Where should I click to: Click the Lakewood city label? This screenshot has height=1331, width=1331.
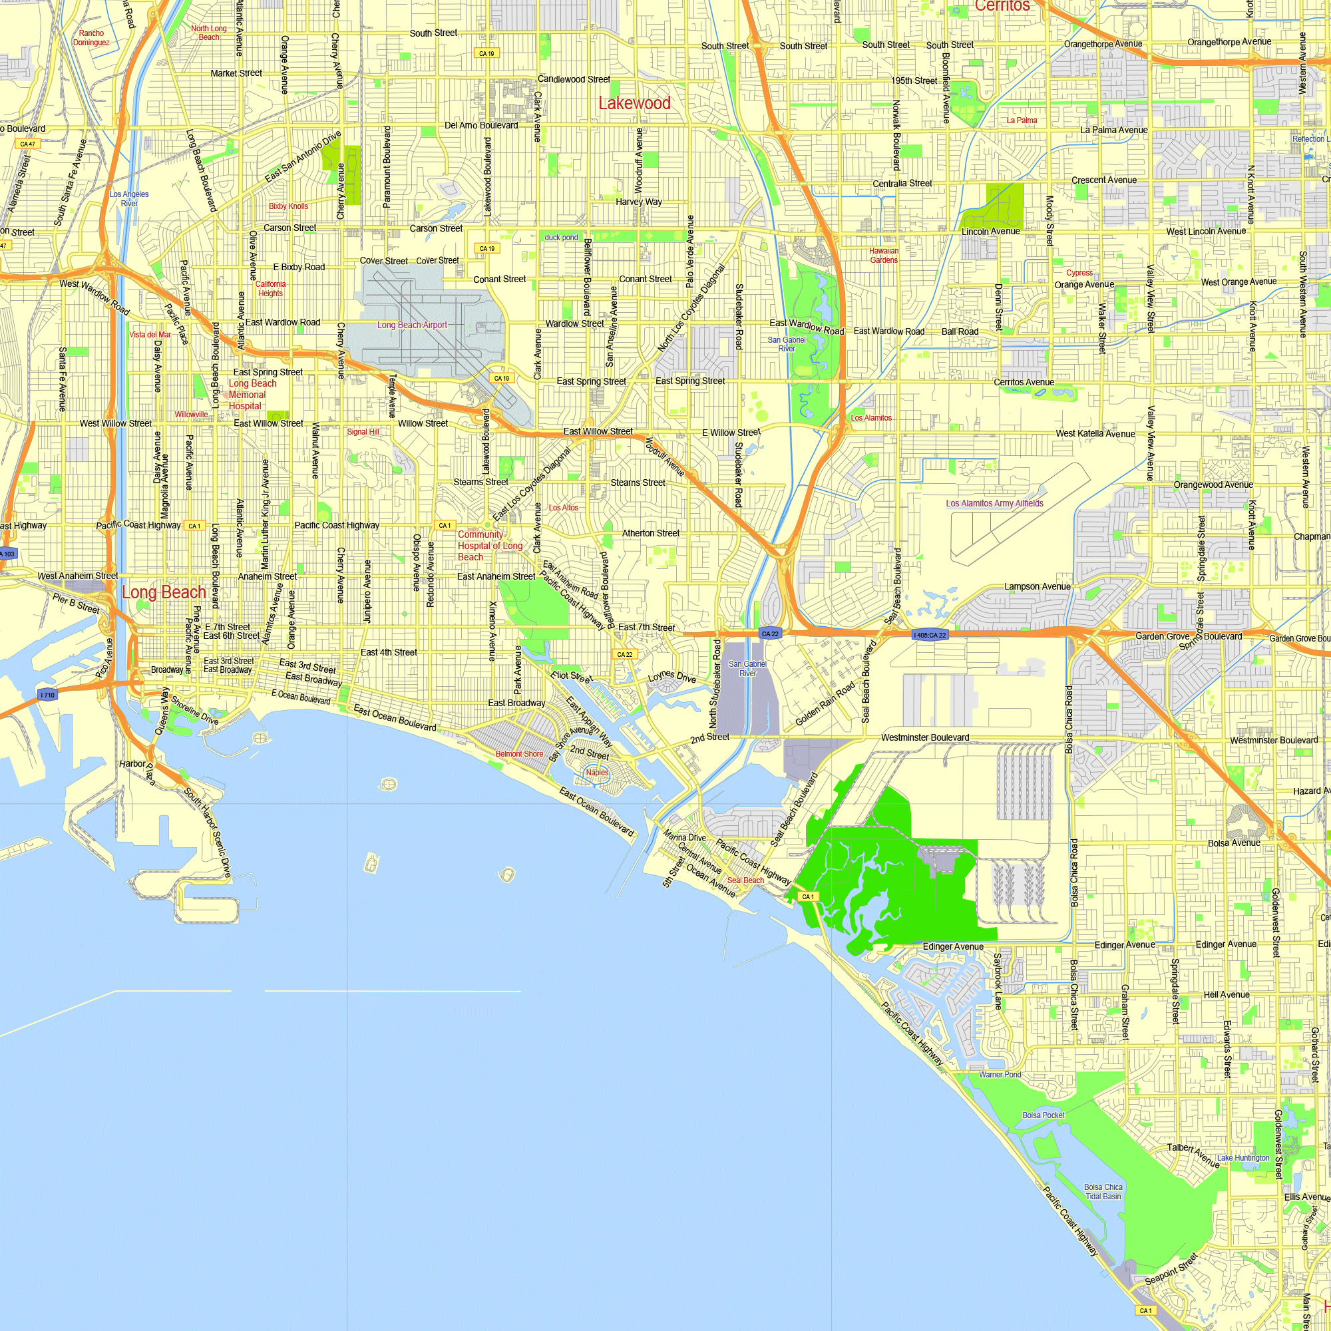pyautogui.click(x=634, y=103)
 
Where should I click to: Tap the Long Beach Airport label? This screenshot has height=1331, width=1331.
pyautogui.click(x=412, y=325)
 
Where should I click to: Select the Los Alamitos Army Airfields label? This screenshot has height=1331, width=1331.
pyautogui.click(x=994, y=504)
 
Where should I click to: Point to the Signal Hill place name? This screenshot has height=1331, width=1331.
pyautogui.click(x=363, y=432)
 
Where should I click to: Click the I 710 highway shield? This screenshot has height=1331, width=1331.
pyautogui.click(x=47, y=695)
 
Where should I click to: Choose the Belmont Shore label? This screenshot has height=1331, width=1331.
pyautogui.click(x=520, y=754)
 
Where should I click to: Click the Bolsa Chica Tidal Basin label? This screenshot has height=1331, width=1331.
pyautogui.click(x=1103, y=1192)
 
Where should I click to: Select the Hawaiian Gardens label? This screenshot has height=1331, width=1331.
pyautogui.click(x=883, y=256)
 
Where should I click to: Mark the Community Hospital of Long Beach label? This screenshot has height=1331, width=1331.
pyautogui.click(x=490, y=546)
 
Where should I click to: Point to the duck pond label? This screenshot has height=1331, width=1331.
pyautogui.click(x=561, y=238)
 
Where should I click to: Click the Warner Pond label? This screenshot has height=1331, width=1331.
pyautogui.click(x=1000, y=1075)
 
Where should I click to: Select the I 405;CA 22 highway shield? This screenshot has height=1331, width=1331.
pyautogui.click(x=929, y=635)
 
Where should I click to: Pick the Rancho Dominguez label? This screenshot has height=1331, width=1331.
pyautogui.click(x=91, y=38)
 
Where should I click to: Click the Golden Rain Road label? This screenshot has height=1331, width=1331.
pyautogui.click(x=825, y=704)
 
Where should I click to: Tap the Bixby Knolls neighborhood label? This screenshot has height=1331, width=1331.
pyautogui.click(x=288, y=206)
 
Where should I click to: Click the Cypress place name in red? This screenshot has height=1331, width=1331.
pyautogui.click(x=1079, y=273)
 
